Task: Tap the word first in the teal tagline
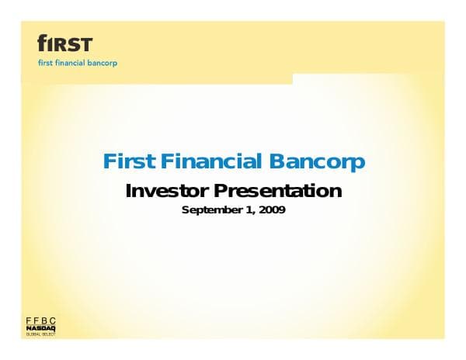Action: coord(46,62)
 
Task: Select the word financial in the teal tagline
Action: coord(74,62)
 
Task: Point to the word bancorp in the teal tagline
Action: coord(106,62)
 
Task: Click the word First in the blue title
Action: coord(130,162)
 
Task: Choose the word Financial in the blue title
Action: coord(212,162)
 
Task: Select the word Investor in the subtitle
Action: coord(167,191)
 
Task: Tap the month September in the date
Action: coord(211,209)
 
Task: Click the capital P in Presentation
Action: coord(221,191)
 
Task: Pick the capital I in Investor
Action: coord(129,191)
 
